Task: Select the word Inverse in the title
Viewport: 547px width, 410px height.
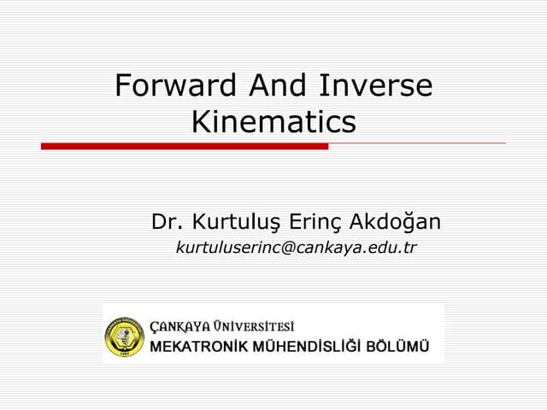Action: pos(376,86)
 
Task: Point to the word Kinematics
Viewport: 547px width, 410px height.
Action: pos(273,122)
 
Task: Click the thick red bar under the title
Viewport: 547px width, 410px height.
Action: pos(184,146)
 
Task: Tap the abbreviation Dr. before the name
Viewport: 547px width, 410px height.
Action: pos(168,223)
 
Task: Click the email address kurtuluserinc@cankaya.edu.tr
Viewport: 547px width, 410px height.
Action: pos(296,249)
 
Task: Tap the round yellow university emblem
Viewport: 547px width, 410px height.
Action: pos(125,336)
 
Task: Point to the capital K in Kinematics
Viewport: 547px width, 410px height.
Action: pos(200,122)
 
